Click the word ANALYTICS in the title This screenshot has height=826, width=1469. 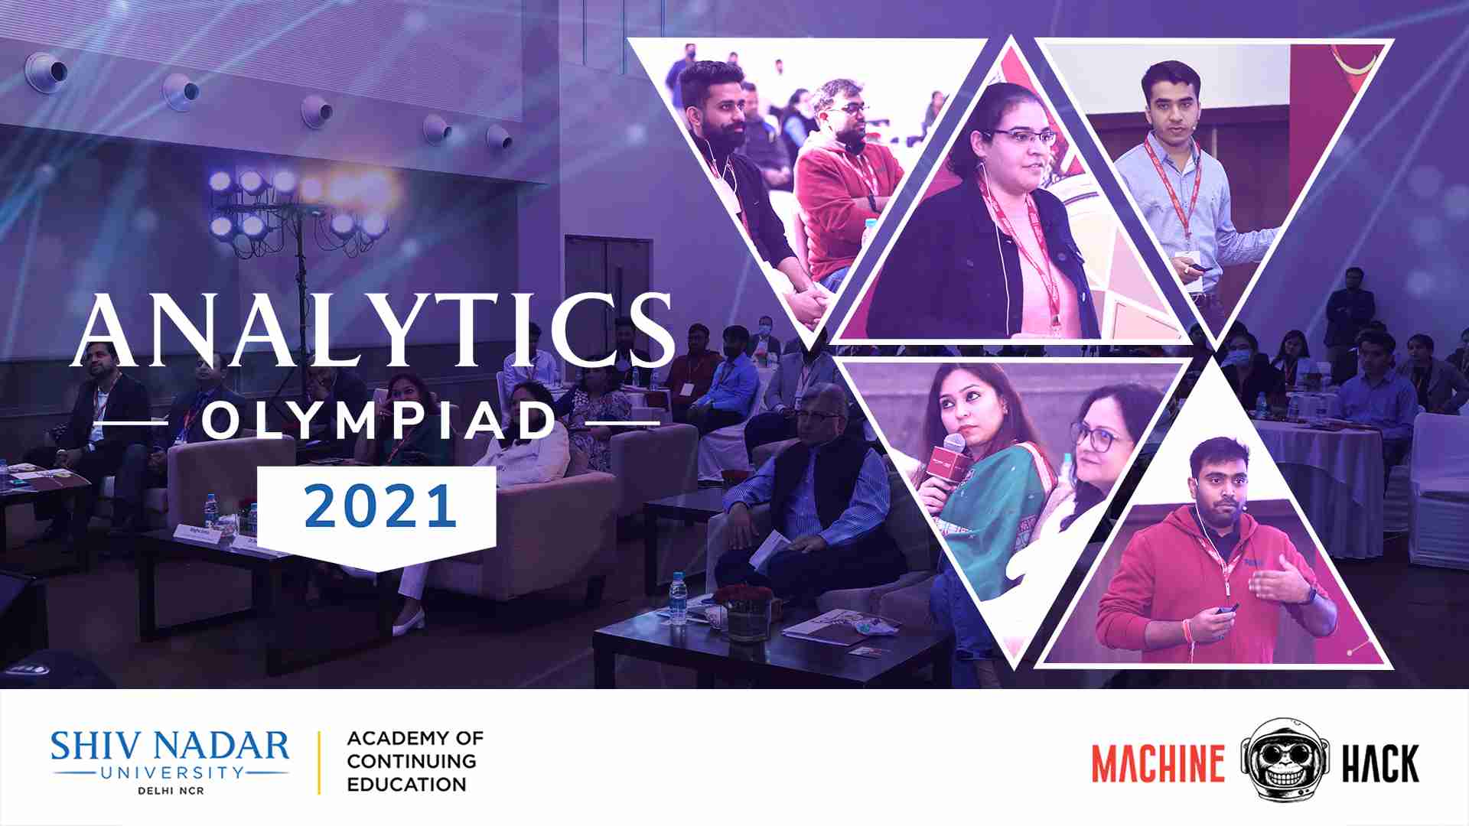(373, 330)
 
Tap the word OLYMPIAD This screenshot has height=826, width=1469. (380, 421)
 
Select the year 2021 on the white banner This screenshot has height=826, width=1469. (380, 507)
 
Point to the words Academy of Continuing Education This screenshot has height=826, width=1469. (415, 761)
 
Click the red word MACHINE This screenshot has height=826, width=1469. (1158, 763)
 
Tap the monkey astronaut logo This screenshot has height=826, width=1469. (1283, 759)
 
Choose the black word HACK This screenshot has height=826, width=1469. (1380, 763)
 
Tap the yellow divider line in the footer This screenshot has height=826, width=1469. (319, 763)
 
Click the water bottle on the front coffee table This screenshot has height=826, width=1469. (678, 598)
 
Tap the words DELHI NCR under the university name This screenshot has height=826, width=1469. (171, 790)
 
